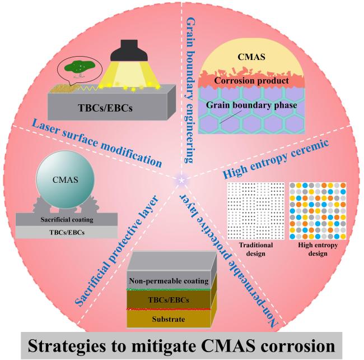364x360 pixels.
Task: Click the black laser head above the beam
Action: (129, 50)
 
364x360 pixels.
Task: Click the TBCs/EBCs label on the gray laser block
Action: (105, 108)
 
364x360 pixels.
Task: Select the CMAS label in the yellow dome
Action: (251, 57)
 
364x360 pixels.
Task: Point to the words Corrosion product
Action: (251, 81)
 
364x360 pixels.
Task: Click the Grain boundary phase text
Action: (251, 105)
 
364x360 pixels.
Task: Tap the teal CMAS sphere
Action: (66, 179)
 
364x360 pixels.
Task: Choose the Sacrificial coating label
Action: (67, 220)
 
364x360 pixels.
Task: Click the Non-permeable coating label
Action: (169, 281)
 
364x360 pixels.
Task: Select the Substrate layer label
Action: (169, 319)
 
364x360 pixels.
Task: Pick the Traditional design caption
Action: (256, 249)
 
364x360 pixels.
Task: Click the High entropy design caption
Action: (318, 249)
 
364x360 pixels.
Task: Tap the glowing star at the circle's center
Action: (182, 180)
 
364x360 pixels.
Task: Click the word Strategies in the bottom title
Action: (67, 346)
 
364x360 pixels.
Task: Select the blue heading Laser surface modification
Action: (96, 143)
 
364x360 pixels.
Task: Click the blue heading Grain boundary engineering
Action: (191, 90)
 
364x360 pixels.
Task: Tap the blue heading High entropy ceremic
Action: (276, 159)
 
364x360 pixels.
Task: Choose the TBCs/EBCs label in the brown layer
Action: (169, 300)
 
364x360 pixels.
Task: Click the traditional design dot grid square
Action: (256, 211)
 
